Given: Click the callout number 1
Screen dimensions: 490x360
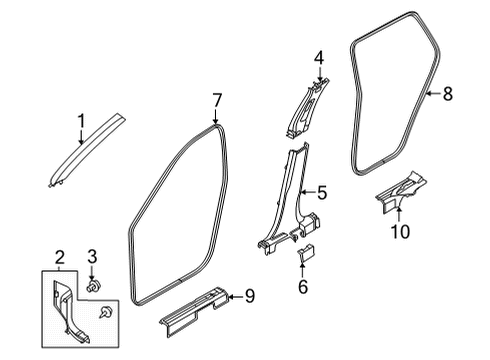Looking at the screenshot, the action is [81, 121].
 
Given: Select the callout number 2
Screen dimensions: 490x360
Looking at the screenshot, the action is [59, 258].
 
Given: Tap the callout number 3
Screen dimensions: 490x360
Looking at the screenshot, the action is [92, 256].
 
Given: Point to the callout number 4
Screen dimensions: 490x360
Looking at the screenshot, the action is [319, 58].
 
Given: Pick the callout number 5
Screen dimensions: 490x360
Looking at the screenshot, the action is [322, 193].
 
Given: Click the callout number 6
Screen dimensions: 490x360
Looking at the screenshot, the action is [303, 286].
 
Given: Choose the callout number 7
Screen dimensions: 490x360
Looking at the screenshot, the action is [217, 101].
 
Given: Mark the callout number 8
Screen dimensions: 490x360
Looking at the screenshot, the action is [448, 93].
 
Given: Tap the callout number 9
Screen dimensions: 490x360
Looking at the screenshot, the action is [250, 296].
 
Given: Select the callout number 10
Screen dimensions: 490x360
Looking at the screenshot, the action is [400, 231].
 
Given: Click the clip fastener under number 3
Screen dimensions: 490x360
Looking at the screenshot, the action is [94, 285].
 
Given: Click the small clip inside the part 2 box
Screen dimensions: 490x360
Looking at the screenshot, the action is [106, 312].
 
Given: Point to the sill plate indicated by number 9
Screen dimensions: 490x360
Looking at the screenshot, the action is [194, 309].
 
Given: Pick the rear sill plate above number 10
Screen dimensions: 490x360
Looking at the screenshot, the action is [401, 192].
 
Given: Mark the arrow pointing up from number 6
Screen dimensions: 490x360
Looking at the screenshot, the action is [303, 270].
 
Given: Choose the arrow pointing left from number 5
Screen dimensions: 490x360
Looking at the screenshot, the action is [307, 192].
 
